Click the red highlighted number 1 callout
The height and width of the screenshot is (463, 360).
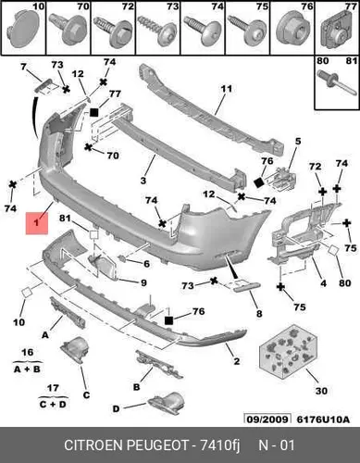(37, 223)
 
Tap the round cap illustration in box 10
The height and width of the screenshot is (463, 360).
(23, 29)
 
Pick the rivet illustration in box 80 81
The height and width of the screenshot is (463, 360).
(337, 82)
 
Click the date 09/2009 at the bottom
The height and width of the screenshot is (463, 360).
(267, 419)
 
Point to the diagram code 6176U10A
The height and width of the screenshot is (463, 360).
(323, 419)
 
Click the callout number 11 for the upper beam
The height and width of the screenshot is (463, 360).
(227, 89)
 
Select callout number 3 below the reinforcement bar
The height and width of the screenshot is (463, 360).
(143, 181)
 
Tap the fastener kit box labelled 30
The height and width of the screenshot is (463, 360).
(287, 351)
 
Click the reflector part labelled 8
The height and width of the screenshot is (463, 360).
(247, 287)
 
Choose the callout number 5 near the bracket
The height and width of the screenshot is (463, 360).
(298, 142)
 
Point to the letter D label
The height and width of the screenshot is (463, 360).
(116, 409)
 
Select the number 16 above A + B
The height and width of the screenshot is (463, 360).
(28, 352)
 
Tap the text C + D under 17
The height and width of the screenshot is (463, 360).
(53, 404)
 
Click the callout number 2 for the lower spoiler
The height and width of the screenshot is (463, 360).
(237, 361)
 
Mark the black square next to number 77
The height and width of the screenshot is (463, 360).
(94, 112)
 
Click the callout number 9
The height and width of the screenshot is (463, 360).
(143, 282)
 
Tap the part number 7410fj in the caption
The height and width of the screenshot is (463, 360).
(220, 445)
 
